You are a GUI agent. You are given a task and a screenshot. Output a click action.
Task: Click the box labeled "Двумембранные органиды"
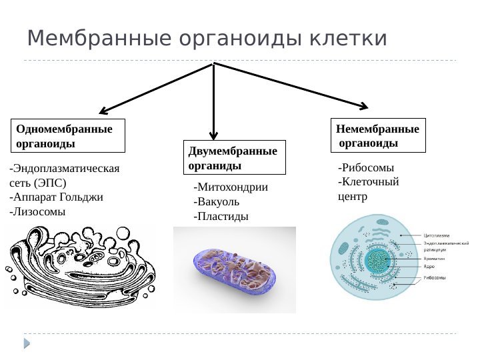tap(234, 157)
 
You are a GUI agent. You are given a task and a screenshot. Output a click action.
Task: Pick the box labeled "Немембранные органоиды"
tap(379, 135)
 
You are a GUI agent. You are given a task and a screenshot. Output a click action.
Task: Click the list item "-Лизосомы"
tap(37, 212)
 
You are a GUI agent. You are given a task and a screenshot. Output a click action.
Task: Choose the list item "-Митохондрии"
tap(230, 187)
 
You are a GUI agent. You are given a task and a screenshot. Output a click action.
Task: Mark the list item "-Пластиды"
tap(220, 217)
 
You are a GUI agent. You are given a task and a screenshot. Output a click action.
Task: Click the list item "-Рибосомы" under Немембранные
tap(366, 167)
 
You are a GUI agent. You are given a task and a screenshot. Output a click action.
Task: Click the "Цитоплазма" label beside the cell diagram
tap(437, 235)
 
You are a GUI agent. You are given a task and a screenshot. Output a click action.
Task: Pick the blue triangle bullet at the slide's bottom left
tap(27, 343)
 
